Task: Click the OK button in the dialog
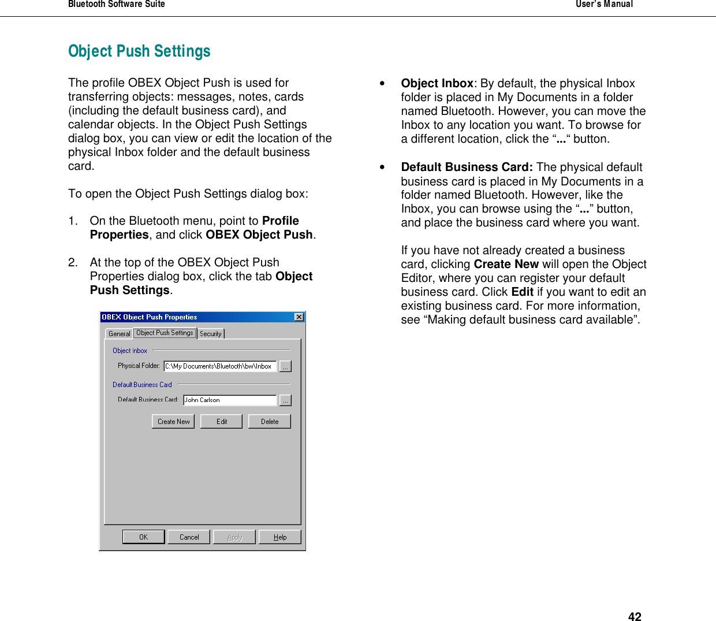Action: click(x=143, y=537)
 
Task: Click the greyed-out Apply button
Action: click(x=234, y=537)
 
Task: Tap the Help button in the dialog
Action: click(x=280, y=537)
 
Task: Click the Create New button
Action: click(x=173, y=421)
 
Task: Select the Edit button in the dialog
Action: click(x=221, y=421)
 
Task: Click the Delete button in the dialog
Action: click(x=269, y=421)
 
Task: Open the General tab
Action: click(x=119, y=333)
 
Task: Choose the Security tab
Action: click(x=211, y=333)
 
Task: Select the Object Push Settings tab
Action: click(x=165, y=333)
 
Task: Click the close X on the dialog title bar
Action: click(x=299, y=317)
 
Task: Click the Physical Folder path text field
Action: click(x=219, y=366)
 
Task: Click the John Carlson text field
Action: click(x=229, y=400)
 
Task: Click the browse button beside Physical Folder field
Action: click(x=285, y=366)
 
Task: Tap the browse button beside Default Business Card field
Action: click(x=285, y=400)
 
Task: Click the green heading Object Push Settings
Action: click(x=139, y=51)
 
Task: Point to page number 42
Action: click(x=635, y=616)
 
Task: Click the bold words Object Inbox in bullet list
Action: click(x=437, y=83)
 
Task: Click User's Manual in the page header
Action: click(x=604, y=4)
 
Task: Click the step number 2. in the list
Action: click(x=73, y=262)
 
